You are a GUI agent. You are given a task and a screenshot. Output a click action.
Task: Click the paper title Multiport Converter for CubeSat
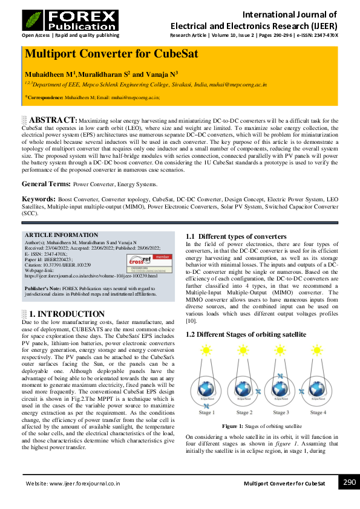pyautogui.click(x=111, y=54)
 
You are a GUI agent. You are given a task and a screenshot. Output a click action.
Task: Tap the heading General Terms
pyautogui.click(x=45, y=183)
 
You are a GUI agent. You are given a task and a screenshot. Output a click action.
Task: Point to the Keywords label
pyautogui.click(x=39, y=198)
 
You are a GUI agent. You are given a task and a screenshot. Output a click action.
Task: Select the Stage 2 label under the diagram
pyautogui.click(x=243, y=412)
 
